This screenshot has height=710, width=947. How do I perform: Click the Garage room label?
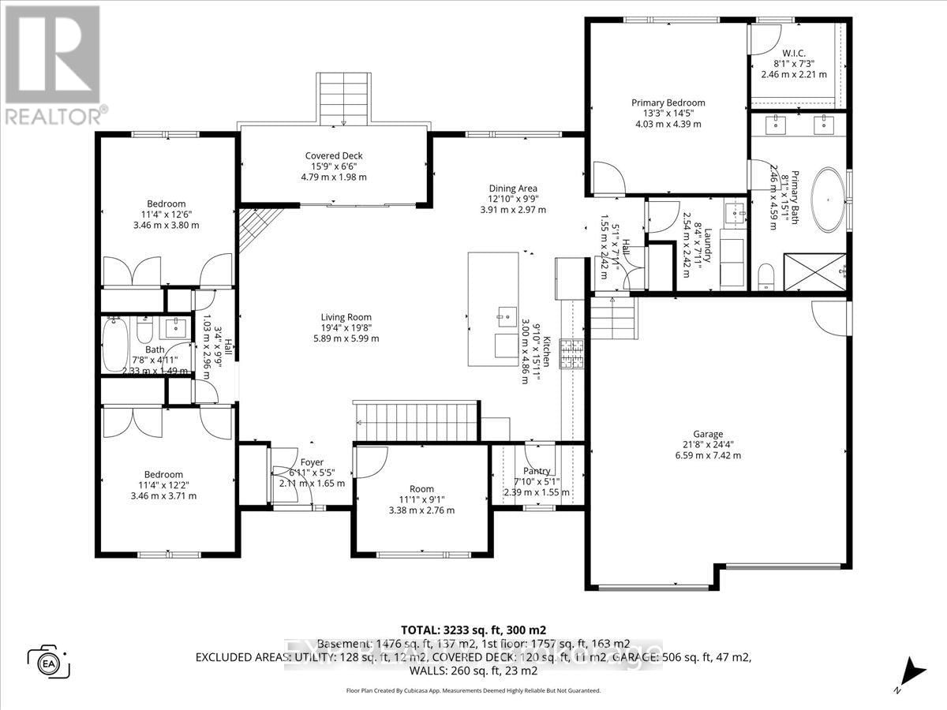pyautogui.click(x=708, y=434)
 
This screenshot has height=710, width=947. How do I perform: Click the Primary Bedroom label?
pyautogui.click(x=668, y=103)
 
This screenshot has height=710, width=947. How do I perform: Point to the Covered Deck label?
pyautogui.click(x=334, y=155)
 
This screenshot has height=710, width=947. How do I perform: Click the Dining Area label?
pyautogui.click(x=513, y=188)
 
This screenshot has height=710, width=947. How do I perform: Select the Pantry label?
pyautogui.click(x=537, y=471)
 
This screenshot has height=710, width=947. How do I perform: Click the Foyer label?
pyautogui.click(x=312, y=461)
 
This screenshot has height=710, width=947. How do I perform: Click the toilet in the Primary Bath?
pyautogui.click(x=763, y=275)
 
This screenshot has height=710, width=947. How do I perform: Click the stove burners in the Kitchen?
pyautogui.click(x=571, y=354)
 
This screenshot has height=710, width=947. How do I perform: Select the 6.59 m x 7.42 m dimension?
pyautogui.click(x=708, y=454)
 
